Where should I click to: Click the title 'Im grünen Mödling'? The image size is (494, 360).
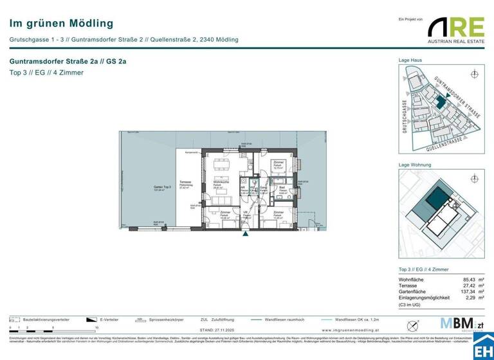tap(62, 24)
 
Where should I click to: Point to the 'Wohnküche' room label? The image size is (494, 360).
tap(222, 186)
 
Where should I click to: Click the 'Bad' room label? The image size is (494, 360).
tap(282, 189)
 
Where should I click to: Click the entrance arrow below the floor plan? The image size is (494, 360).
tap(244, 234)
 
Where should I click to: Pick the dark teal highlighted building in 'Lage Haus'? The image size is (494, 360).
tap(440, 102)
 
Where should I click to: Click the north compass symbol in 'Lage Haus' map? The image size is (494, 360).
tap(475, 74)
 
